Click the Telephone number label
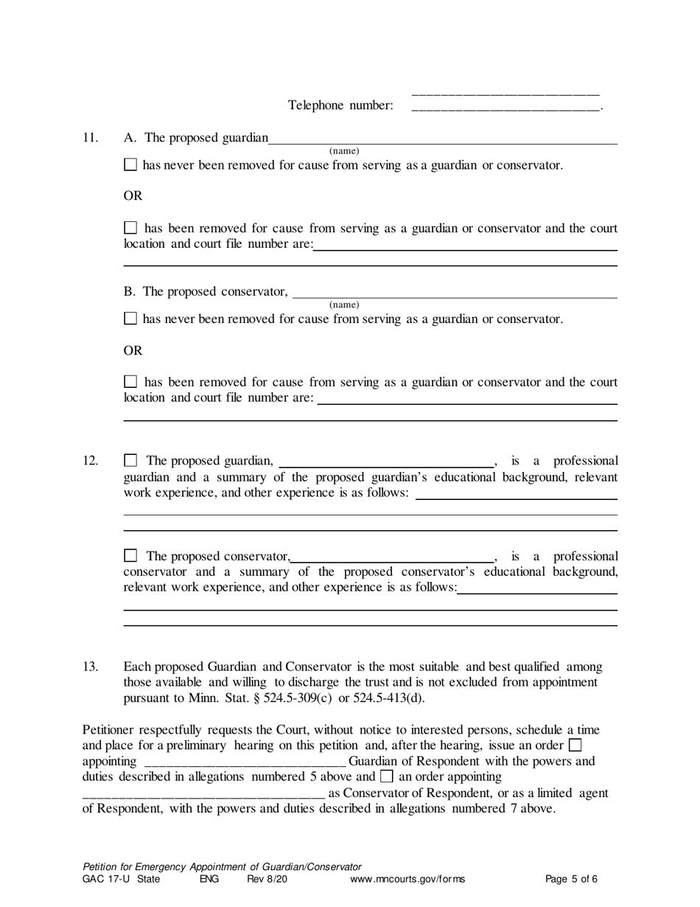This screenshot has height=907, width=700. [x=340, y=105]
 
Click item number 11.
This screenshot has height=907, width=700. [x=90, y=138]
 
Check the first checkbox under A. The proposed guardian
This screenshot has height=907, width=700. [x=130, y=165]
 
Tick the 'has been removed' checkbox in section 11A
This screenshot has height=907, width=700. [x=130, y=228]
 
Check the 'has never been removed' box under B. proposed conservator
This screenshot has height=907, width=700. [x=130, y=319]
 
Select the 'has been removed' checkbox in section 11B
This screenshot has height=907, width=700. [x=130, y=382]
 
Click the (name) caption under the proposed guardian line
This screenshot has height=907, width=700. [x=344, y=150]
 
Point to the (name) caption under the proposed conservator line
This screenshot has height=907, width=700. [x=344, y=305]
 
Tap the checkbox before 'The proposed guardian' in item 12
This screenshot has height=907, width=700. [x=130, y=461]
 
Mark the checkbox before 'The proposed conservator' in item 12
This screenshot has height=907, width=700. [x=130, y=556]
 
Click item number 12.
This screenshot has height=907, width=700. [x=90, y=461]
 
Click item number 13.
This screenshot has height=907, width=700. [x=90, y=667]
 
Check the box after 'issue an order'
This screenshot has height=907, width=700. [x=575, y=746]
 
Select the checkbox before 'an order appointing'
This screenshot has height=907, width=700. [x=386, y=776]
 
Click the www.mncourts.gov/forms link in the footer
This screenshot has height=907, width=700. [x=407, y=879]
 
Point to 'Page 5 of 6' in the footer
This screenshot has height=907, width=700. [x=571, y=879]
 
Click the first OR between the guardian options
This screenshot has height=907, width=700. [x=133, y=196]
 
